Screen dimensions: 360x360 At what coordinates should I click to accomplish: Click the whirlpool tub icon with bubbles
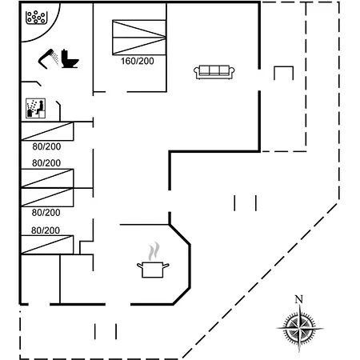tap(36, 18)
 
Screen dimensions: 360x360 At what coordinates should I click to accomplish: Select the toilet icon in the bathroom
tap(70, 58)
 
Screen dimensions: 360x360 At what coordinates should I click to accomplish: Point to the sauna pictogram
tap(35, 108)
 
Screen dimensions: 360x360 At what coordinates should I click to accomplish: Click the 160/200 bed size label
tap(138, 61)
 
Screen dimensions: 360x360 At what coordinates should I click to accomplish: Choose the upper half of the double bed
tap(139, 29)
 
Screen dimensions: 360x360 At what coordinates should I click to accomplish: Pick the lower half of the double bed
tap(139, 46)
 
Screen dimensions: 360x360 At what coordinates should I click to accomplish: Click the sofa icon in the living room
tap(214, 72)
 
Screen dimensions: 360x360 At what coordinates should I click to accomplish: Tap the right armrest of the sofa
tap(232, 71)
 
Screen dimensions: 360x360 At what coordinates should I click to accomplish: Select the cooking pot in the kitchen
tap(153, 270)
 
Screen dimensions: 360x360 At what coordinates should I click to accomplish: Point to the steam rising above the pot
tap(154, 251)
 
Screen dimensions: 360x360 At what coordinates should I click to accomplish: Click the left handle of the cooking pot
tap(140, 266)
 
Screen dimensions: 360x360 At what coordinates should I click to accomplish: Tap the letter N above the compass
tap(299, 299)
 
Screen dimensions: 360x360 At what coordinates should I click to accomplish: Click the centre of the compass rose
tap(300, 328)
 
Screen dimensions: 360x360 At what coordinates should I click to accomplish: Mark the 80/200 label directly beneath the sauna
tap(46, 146)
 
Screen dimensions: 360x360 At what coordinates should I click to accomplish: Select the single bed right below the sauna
tap(47, 131)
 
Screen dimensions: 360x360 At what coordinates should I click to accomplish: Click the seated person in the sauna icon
tap(41, 107)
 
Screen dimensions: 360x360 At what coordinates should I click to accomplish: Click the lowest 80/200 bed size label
tap(46, 230)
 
